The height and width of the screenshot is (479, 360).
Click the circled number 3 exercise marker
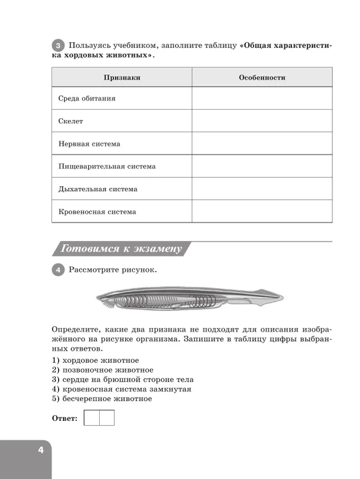click(58, 45)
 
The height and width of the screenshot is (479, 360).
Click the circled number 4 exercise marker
click(58, 270)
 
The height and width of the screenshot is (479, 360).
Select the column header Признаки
click(122, 78)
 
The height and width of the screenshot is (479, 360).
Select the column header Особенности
click(262, 78)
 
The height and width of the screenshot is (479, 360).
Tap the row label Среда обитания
click(87, 99)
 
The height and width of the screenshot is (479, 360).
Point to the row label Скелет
click(70, 121)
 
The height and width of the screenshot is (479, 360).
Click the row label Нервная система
click(89, 144)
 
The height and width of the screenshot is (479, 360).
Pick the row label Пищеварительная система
click(107, 166)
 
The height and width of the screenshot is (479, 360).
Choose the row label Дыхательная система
click(97, 189)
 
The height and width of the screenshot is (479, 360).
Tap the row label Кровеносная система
click(97, 212)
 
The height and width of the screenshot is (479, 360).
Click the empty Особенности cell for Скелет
click(262, 121)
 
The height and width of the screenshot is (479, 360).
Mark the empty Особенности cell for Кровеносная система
click(262, 212)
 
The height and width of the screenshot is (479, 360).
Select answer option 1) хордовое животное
click(95, 360)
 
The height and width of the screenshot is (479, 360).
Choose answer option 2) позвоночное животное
click(102, 370)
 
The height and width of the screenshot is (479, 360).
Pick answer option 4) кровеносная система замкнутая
click(121, 389)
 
